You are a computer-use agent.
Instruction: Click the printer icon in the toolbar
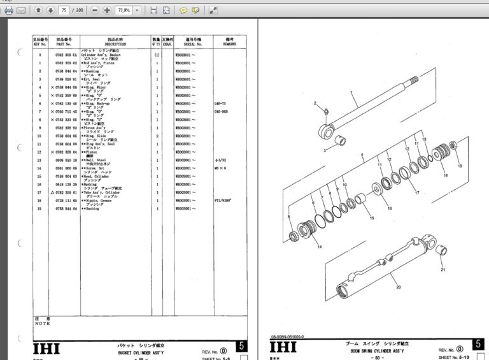click(x=9, y=11)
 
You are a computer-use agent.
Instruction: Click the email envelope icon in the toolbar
click(x=22, y=11)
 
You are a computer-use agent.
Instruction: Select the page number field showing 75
click(x=64, y=11)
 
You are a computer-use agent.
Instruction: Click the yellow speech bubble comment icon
click(x=183, y=11)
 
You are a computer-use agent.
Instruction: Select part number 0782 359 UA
click(x=66, y=55)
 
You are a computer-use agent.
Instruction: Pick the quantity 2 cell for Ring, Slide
click(x=156, y=136)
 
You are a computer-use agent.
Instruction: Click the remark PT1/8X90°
click(x=223, y=201)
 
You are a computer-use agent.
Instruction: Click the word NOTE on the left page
click(x=42, y=323)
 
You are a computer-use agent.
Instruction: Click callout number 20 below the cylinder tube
click(x=399, y=287)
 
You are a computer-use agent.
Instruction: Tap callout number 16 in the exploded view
click(x=389, y=208)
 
